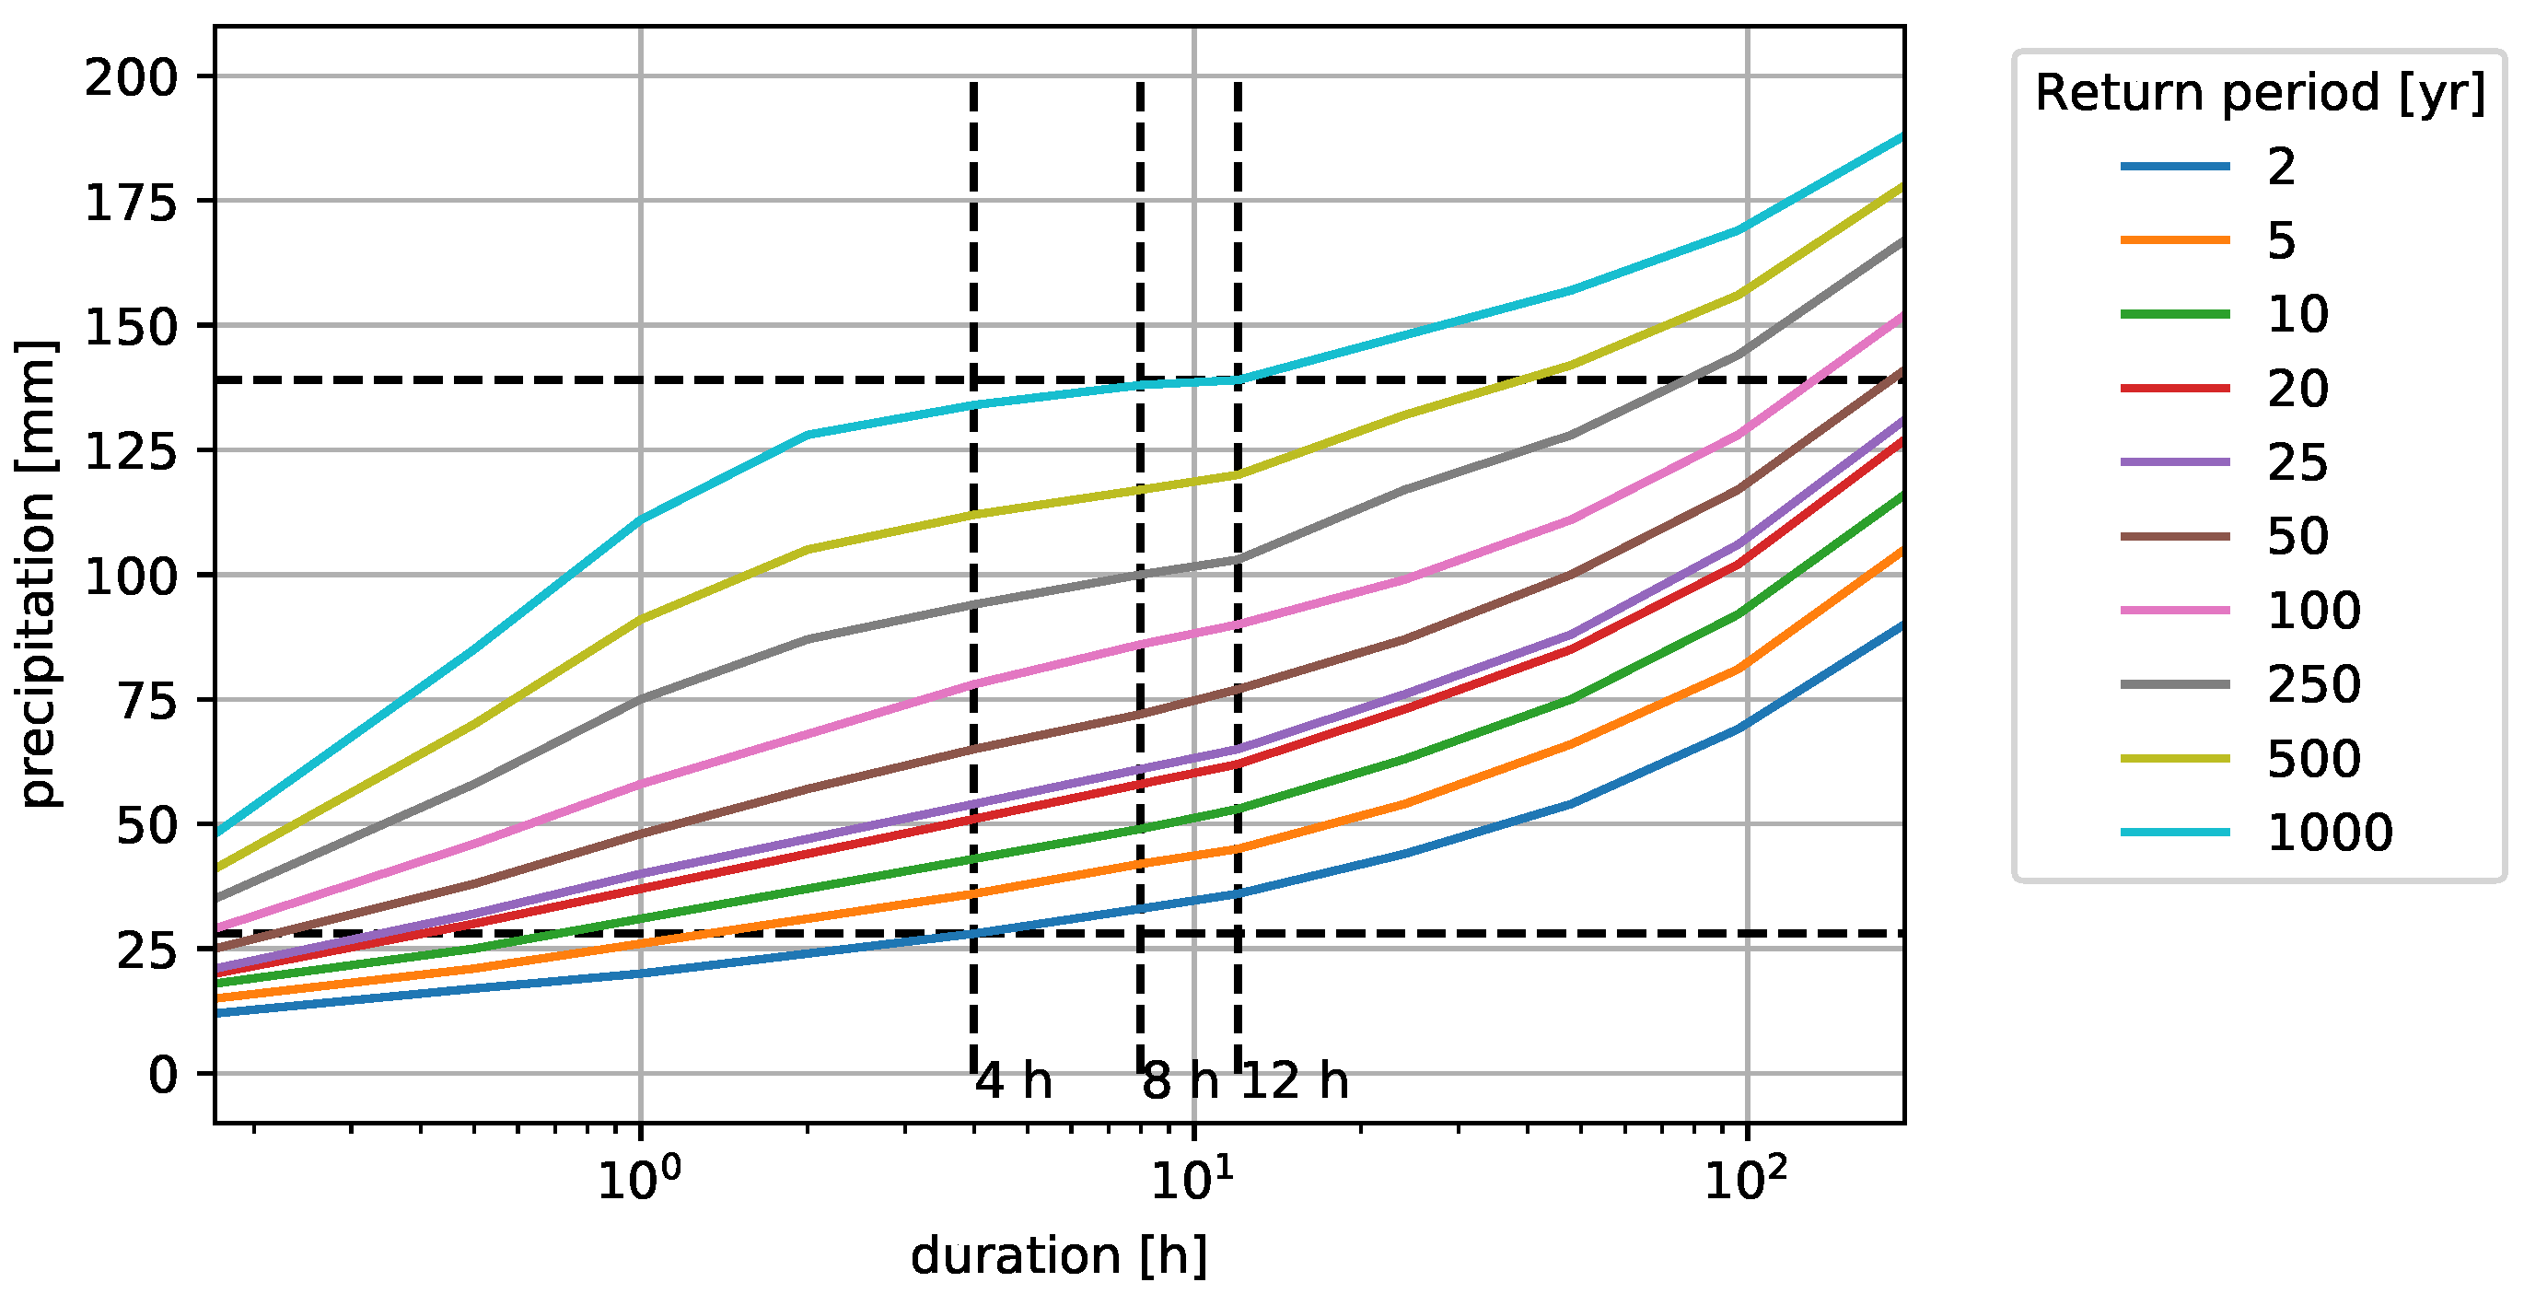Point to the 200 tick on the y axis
(x=131, y=77)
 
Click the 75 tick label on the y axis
(x=147, y=701)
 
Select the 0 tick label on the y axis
(x=163, y=1076)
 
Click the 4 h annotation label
(x=1014, y=1081)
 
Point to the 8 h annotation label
(x=1181, y=1081)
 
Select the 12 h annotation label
(x=1296, y=1081)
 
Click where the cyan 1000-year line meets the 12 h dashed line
(x=1239, y=379)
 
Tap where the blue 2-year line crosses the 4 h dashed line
(x=973, y=933)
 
